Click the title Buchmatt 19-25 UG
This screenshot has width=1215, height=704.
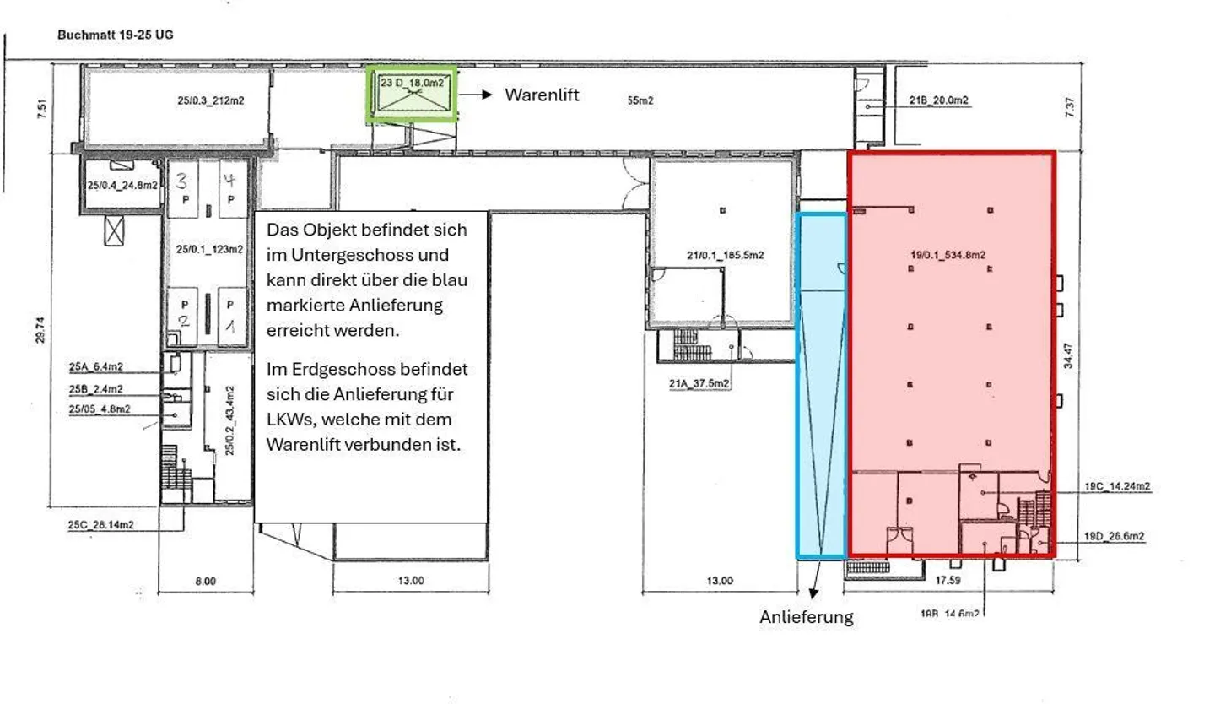116,35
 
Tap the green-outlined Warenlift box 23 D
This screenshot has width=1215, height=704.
412,95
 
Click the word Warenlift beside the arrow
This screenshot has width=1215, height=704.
542,95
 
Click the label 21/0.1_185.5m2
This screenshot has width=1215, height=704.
725,254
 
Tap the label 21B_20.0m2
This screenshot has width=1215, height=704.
938,100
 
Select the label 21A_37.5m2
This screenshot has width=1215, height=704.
699,383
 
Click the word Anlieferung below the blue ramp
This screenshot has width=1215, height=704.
807,617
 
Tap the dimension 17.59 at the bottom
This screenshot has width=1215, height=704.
949,580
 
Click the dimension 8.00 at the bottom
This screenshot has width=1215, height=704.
205,581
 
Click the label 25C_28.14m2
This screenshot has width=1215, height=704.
101,524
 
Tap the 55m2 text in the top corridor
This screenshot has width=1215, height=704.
640,100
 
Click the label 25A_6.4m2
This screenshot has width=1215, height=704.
95,367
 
